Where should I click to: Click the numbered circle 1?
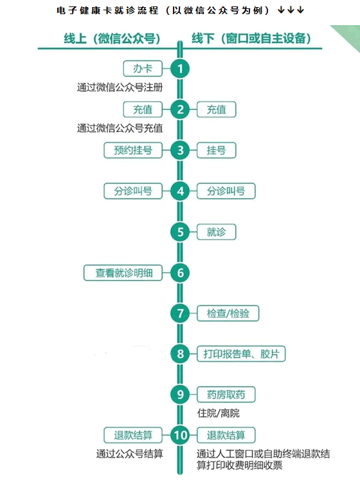(x=180, y=69)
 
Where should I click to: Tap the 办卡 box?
(x=143, y=69)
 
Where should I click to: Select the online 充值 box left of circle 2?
(x=143, y=109)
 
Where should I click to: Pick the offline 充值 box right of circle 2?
(x=216, y=109)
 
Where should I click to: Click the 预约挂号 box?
(x=133, y=151)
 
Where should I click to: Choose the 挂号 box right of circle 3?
(x=216, y=151)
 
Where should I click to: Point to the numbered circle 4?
(x=180, y=191)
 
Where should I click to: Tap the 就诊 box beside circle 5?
(x=216, y=232)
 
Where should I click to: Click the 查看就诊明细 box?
(x=123, y=273)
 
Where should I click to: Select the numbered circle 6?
(x=180, y=273)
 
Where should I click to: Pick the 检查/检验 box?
(x=228, y=313)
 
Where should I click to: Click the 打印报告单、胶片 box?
(x=241, y=354)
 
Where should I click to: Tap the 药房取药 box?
(x=226, y=395)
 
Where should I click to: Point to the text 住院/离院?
(x=218, y=414)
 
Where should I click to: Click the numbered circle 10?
(x=180, y=436)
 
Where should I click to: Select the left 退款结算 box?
(x=133, y=436)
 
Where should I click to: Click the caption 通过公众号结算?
(x=129, y=454)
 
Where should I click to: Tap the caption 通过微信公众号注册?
(x=120, y=88)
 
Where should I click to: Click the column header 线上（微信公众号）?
(x=113, y=39)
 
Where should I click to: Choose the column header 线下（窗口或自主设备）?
(x=251, y=39)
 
